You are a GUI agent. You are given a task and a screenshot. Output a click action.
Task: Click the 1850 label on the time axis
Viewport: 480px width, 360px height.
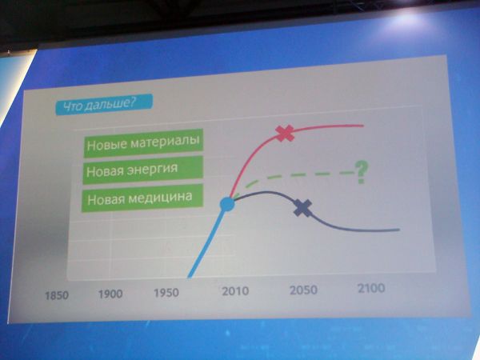(57, 296)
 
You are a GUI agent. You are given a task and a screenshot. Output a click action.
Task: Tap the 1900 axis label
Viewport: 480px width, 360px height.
(110, 294)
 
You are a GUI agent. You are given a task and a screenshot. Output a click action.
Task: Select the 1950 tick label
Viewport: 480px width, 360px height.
(166, 293)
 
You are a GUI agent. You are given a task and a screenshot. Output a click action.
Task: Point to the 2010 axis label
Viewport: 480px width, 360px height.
(235, 291)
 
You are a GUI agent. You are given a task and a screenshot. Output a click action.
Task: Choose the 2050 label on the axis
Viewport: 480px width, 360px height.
(303, 290)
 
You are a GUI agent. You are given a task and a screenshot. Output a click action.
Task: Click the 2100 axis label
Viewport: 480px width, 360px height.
(371, 288)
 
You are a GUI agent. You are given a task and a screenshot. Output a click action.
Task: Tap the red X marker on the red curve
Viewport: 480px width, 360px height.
(285, 134)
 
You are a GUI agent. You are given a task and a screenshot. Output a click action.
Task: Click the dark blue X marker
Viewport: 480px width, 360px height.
(302, 208)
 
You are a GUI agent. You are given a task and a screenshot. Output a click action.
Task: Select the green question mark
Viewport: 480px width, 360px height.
(362, 173)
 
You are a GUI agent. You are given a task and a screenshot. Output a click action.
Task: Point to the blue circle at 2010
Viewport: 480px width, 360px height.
(227, 204)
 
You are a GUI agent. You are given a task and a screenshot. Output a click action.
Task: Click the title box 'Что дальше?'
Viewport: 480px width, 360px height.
(104, 105)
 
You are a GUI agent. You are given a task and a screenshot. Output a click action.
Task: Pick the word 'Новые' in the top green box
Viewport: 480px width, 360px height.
(106, 144)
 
